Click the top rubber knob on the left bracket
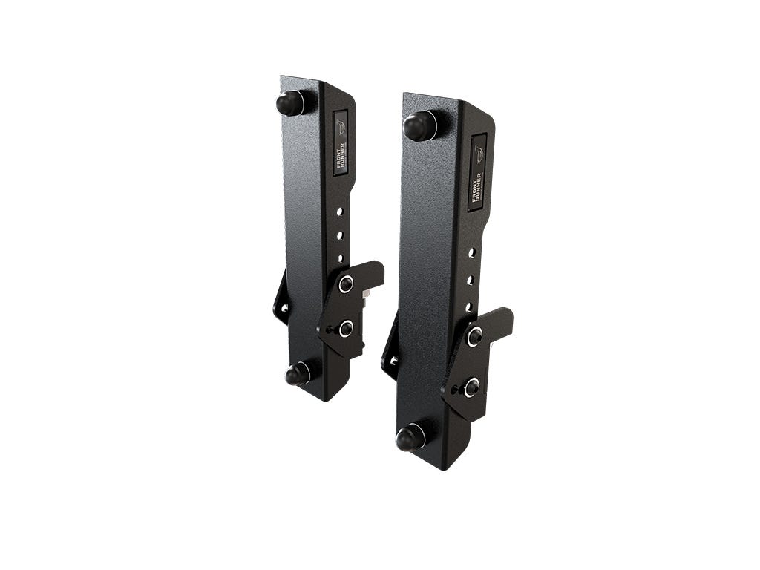(291, 102)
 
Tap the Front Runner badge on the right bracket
(478, 172)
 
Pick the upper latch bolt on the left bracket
(346, 284)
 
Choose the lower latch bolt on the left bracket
(345, 328)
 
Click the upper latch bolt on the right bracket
(474, 336)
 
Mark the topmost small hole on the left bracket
(339, 212)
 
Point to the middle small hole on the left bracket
(340, 235)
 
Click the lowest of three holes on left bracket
(341, 258)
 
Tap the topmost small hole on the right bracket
(471, 253)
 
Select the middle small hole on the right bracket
(470, 280)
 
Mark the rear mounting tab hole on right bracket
(393, 361)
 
